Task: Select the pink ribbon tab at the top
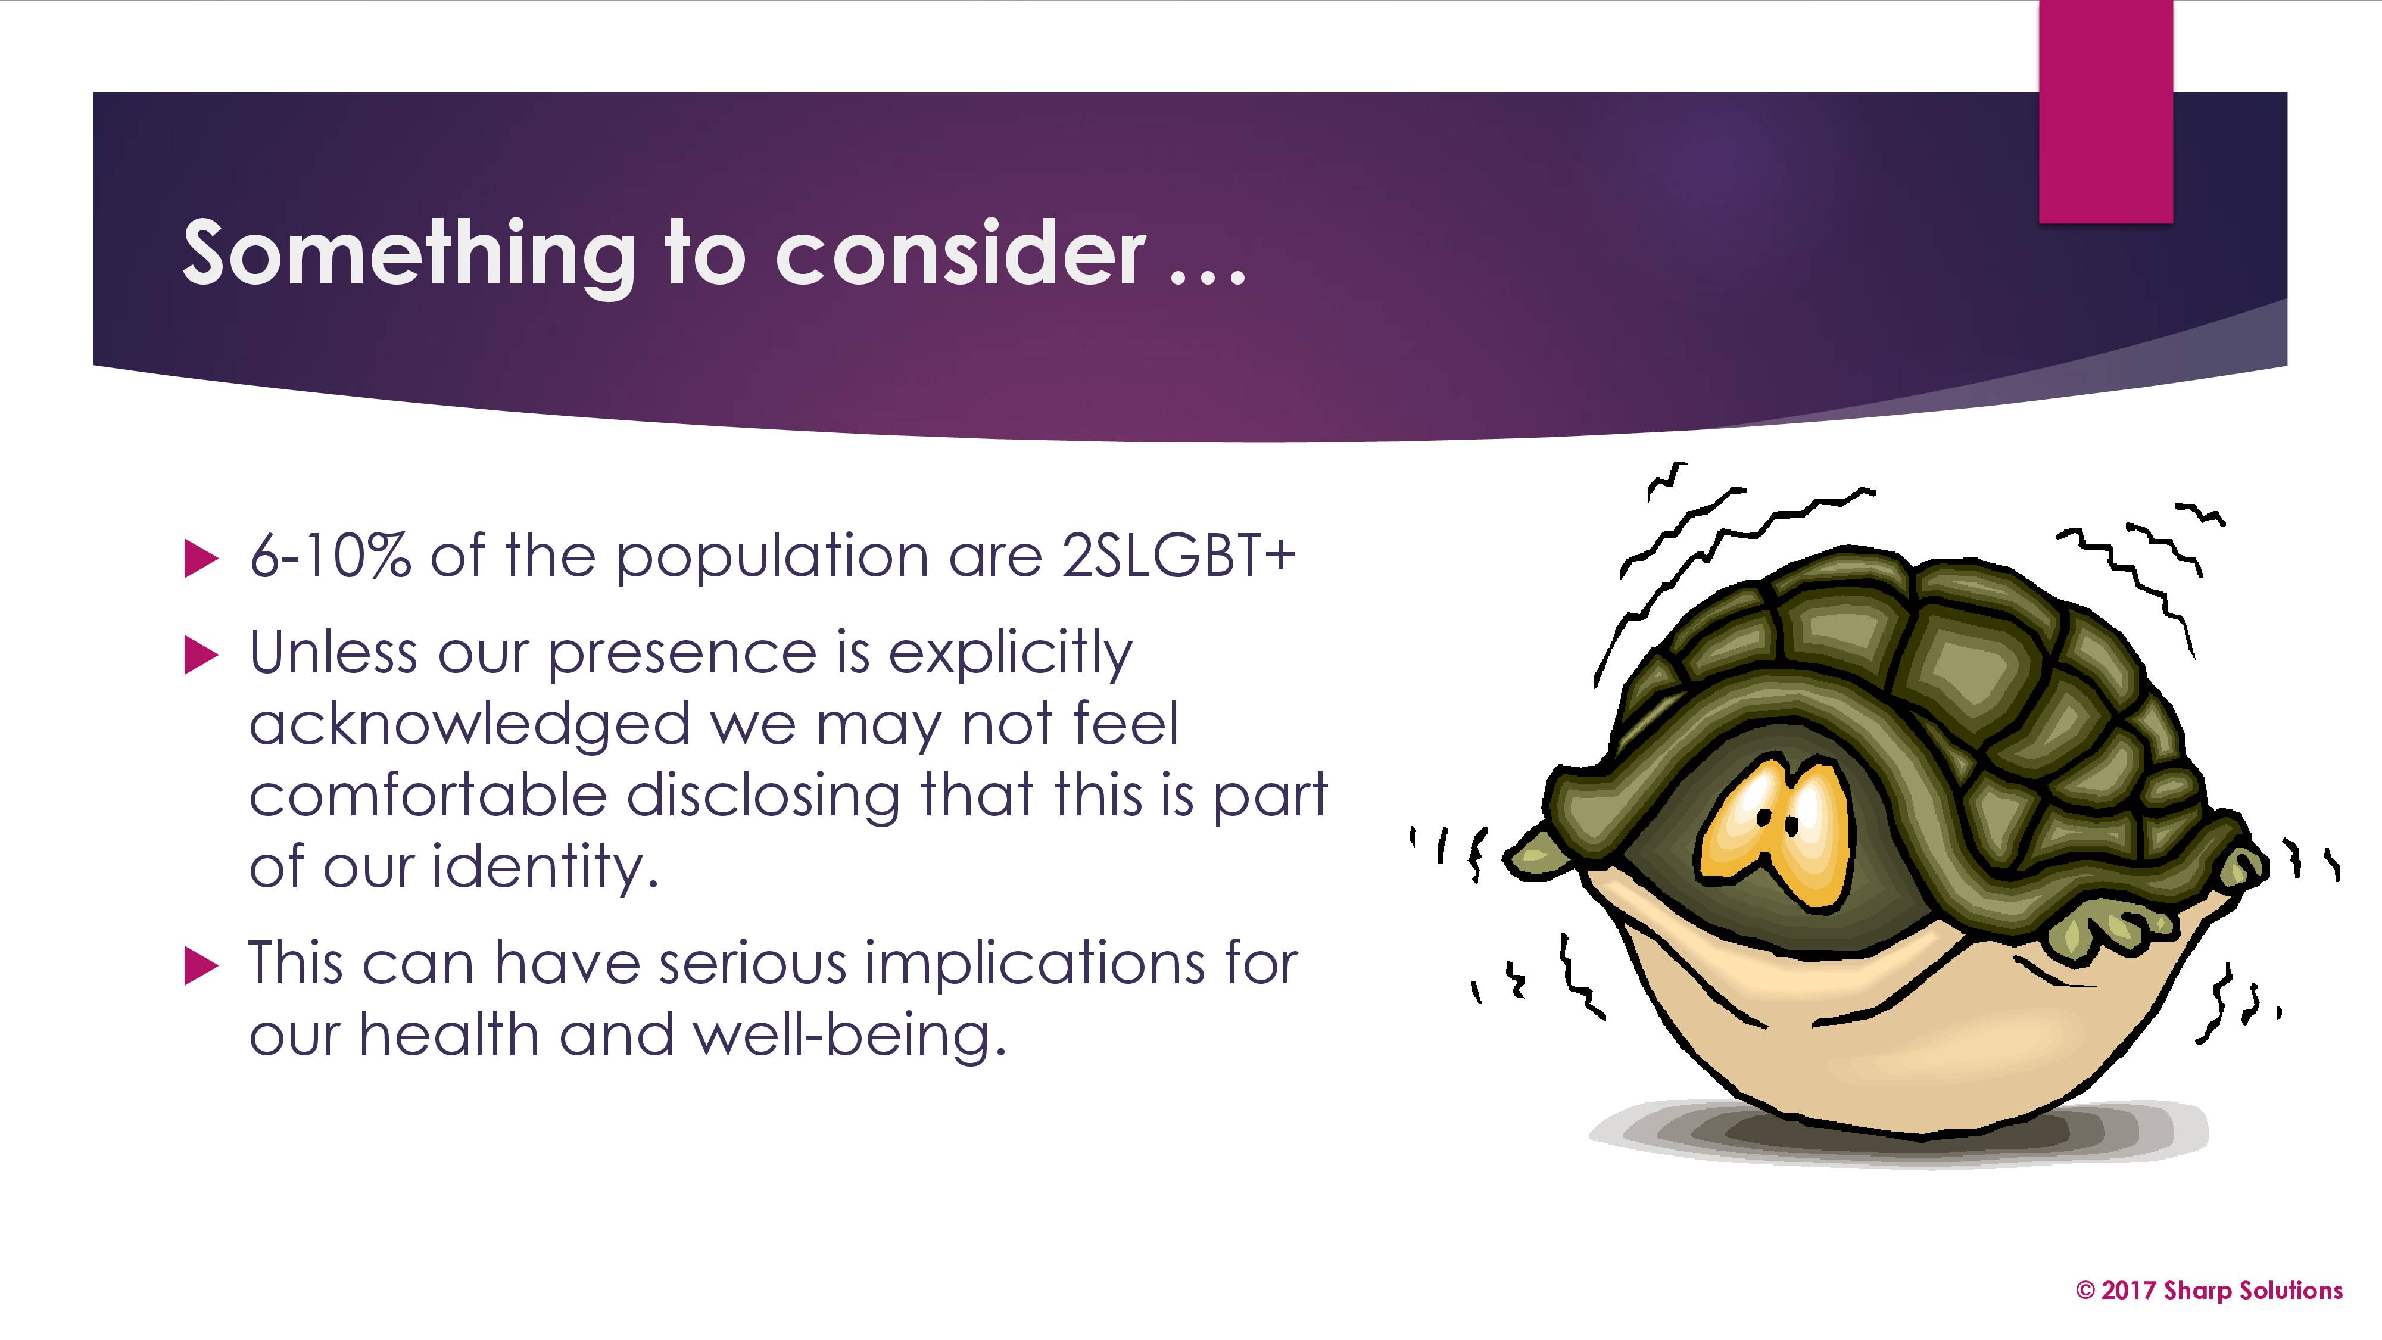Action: coord(2106,111)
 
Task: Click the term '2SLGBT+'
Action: coord(1179,555)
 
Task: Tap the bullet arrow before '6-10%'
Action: coord(201,559)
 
